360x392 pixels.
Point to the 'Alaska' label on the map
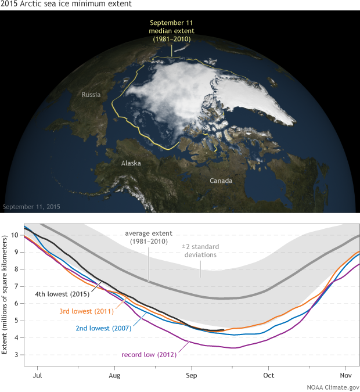pos(131,163)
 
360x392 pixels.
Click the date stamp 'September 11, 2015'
pos(31,207)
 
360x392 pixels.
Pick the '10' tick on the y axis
pos(16,235)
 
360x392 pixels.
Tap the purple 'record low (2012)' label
pos(149,353)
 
